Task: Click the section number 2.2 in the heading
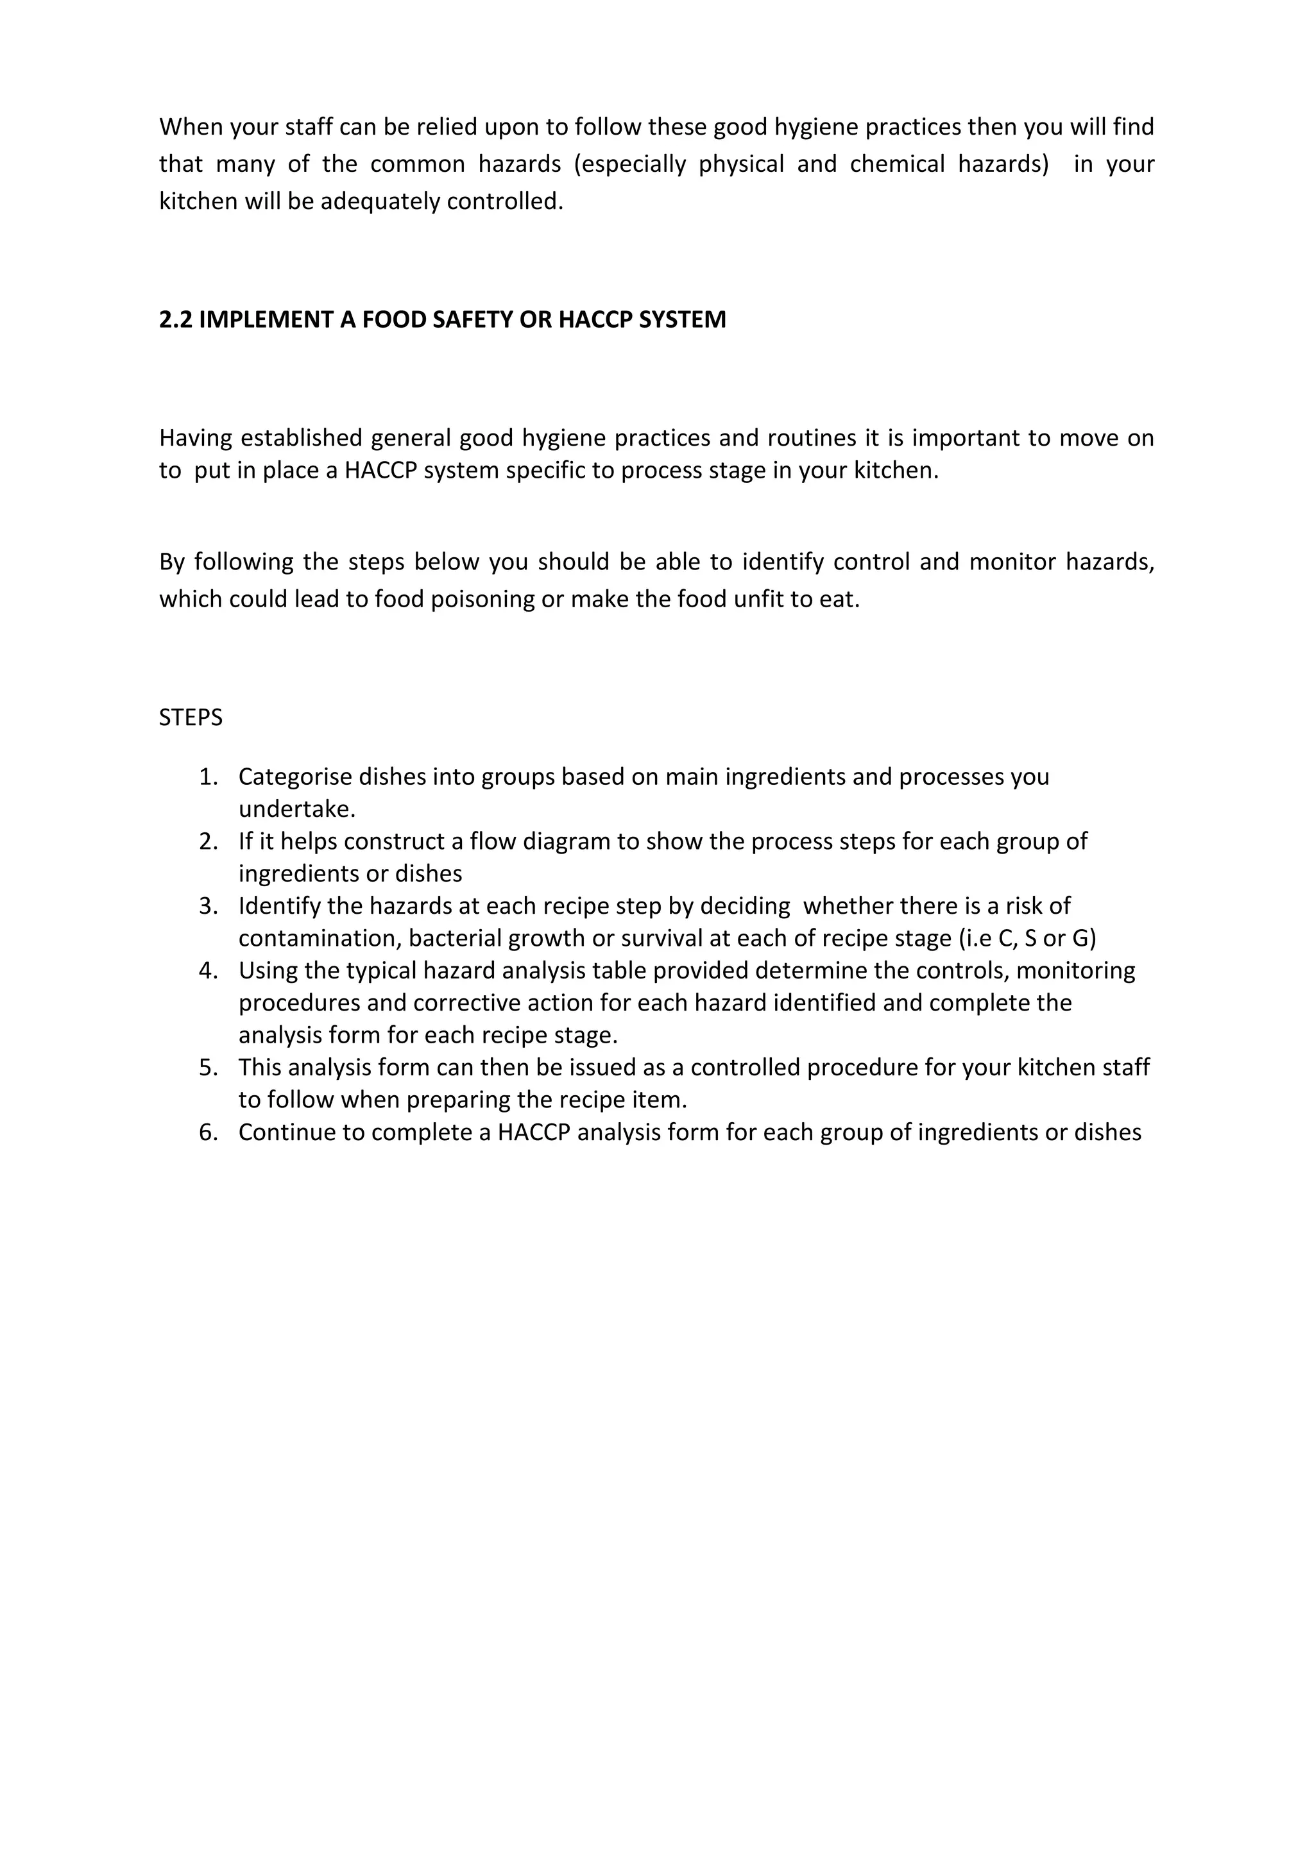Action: click(x=176, y=319)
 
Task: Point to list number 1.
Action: click(x=208, y=777)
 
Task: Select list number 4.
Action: click(x=208, y=971)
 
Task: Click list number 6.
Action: click(x=208, y=1132)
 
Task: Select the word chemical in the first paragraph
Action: click(x=898, y=164)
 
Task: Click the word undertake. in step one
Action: click(x=297, y=809)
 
